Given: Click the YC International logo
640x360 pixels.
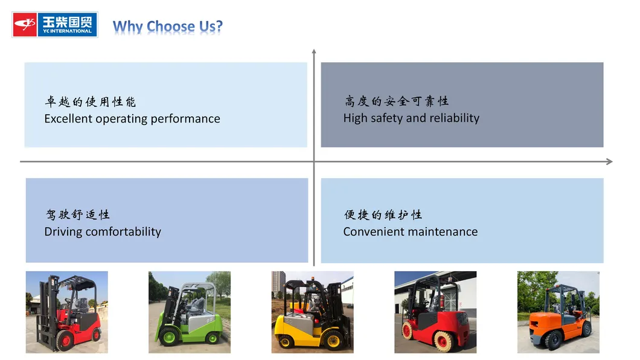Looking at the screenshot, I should coord(55,25).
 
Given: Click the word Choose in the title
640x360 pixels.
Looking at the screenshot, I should coord(171,27).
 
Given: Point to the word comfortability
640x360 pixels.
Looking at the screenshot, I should coord(124,232).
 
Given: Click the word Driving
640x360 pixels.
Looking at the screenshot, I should coord(63,232).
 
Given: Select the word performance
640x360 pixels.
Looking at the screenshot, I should coord(185,119).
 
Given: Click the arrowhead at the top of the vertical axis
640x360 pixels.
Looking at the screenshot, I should coord(314,53).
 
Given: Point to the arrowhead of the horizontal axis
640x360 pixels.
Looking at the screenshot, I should coord(609,161).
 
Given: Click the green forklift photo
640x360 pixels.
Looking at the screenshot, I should coord(190,312).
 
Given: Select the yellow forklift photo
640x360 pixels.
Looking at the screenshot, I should coord(312,312).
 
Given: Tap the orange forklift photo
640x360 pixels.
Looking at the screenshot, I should coord(558,312).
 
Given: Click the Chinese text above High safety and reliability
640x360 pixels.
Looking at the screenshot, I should coord(396,101).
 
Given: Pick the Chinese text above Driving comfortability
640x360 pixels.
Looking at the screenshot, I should coord(77,215).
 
